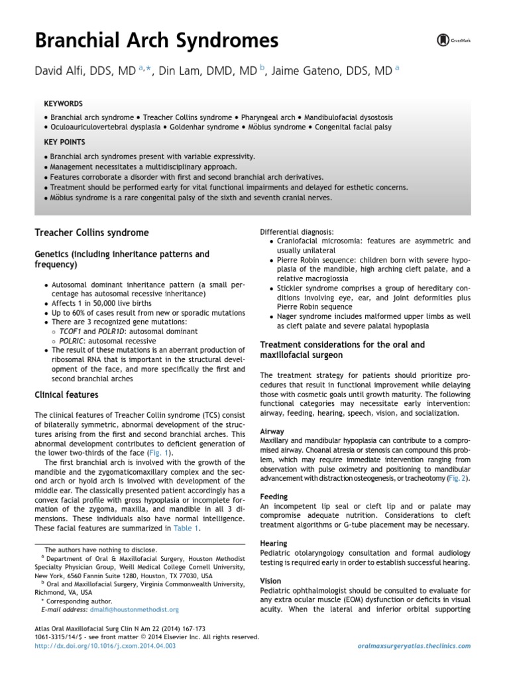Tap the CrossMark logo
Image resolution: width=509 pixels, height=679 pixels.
pyautogui.click(x=454, y=40)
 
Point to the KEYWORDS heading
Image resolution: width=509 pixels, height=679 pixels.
pyautogui.click(x=63, y=104)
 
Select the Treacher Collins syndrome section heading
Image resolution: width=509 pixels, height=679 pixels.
pyautogui.click(x=91, y=233)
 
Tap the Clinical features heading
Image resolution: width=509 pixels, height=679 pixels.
pyautogui.click(x=66, y=395)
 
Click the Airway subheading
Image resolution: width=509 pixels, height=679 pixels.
pyautogui.click(x=272, y=431)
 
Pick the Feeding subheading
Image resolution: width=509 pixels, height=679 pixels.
pyautogui.click(x=274, y=496)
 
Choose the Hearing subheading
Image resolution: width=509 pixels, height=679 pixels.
pyautogui.click(x=274, y=543)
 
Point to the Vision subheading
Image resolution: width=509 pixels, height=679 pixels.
pyautogui.click(x=271, y=580)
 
